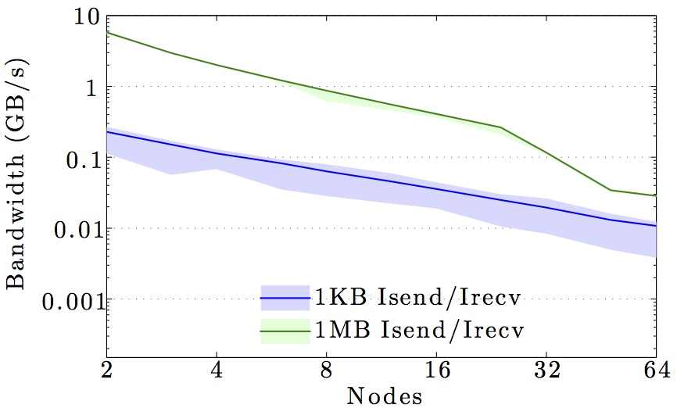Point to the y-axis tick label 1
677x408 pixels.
88,87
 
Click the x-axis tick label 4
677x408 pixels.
217,368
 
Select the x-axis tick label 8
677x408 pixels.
327,368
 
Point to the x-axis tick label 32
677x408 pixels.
546,368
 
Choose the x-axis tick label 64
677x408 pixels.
656,368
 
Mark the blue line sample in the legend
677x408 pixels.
288,298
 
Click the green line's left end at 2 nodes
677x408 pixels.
106,32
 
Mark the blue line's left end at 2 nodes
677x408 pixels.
106,132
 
